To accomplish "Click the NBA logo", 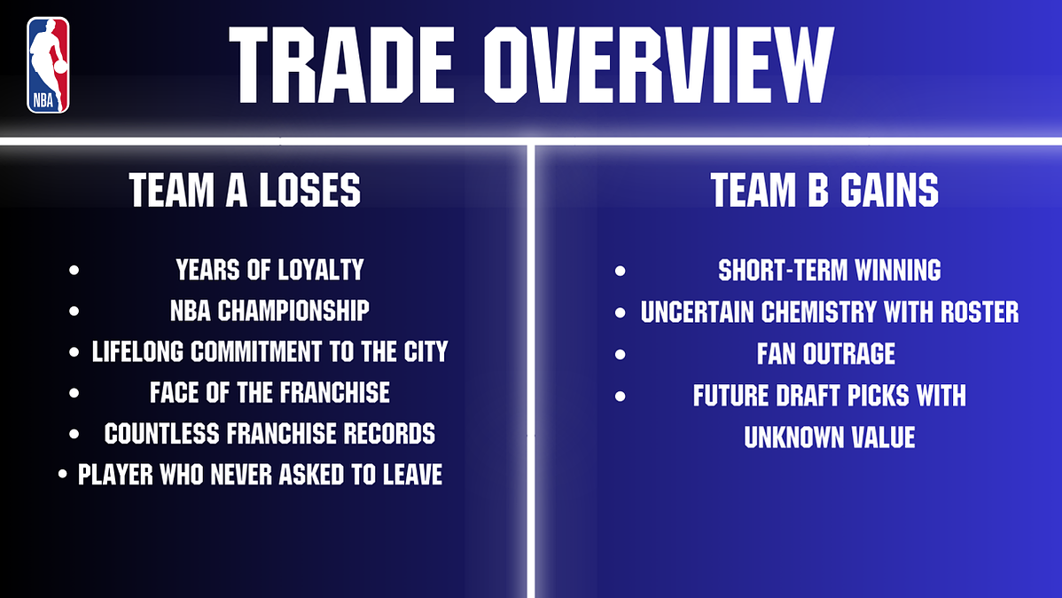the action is point(48,65).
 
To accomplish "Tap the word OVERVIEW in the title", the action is point(659,65).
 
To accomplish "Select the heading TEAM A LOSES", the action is point(246,190).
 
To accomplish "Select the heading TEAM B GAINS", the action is point(824,190).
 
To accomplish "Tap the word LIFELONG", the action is point(138,352).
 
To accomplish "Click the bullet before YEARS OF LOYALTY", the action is point(74,270).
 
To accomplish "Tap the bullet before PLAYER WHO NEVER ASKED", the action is point(62,475).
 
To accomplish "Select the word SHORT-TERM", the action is point(782,271).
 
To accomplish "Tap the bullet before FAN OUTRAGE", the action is point(620,354).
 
